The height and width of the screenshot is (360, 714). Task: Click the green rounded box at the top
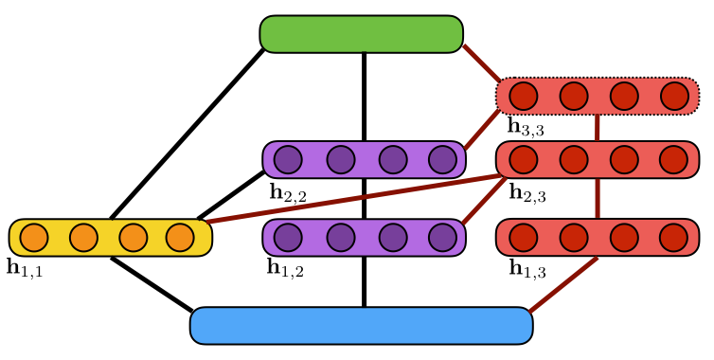tap(361, 34)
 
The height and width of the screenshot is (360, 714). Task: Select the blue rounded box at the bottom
tap(361, 326)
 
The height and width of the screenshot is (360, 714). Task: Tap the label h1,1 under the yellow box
tap(25, 268)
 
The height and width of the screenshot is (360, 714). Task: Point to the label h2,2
tap(287, 193)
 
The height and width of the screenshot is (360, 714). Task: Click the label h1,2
tap(285, 268)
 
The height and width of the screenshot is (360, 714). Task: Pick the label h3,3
tap(526, 127)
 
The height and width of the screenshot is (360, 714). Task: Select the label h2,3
tap(527, 193)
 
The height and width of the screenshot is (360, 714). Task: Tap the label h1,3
tap(527, 269)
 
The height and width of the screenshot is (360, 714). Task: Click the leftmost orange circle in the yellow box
tap(34, 238)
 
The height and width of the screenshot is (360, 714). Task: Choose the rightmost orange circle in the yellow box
tap(180, 238)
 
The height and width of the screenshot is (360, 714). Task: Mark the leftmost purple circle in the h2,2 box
tap(288, 160)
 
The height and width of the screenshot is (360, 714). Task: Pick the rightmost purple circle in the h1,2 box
tap(442, 237)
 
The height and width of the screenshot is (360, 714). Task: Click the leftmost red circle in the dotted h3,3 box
tap(523, 96)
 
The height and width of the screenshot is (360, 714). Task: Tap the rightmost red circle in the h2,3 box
tap(673, 160)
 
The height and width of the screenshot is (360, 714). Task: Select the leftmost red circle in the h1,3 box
tap(523, 237)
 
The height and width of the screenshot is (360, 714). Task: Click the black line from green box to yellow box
tap(187, 134)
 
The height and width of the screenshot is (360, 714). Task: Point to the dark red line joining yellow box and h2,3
tap(350, 199)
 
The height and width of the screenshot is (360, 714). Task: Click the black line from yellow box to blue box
tap(152, 283)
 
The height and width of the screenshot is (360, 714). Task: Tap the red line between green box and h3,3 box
tap(481, 63)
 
